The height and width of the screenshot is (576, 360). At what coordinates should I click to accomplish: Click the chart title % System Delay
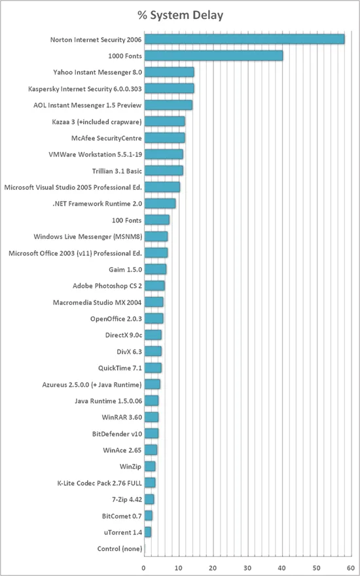point(181,14)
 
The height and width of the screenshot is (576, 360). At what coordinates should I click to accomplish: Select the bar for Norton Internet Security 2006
point(243,39)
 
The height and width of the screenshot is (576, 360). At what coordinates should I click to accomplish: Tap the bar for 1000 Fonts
point(213,56)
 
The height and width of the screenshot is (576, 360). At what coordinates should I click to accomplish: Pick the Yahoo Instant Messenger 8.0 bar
point(168,72)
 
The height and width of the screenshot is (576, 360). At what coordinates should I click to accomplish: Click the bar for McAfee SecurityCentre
point(164,137)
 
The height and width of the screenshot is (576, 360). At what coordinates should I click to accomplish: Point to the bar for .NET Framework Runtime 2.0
point(159,204)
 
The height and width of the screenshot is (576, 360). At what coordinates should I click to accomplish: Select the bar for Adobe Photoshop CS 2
point(154,285)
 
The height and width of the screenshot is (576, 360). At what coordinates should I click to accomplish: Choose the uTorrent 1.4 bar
point(147,531)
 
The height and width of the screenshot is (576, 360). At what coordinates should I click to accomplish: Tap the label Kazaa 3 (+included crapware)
point(97,122)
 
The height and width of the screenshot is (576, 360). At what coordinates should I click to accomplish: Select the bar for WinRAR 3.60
point(151,417)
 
